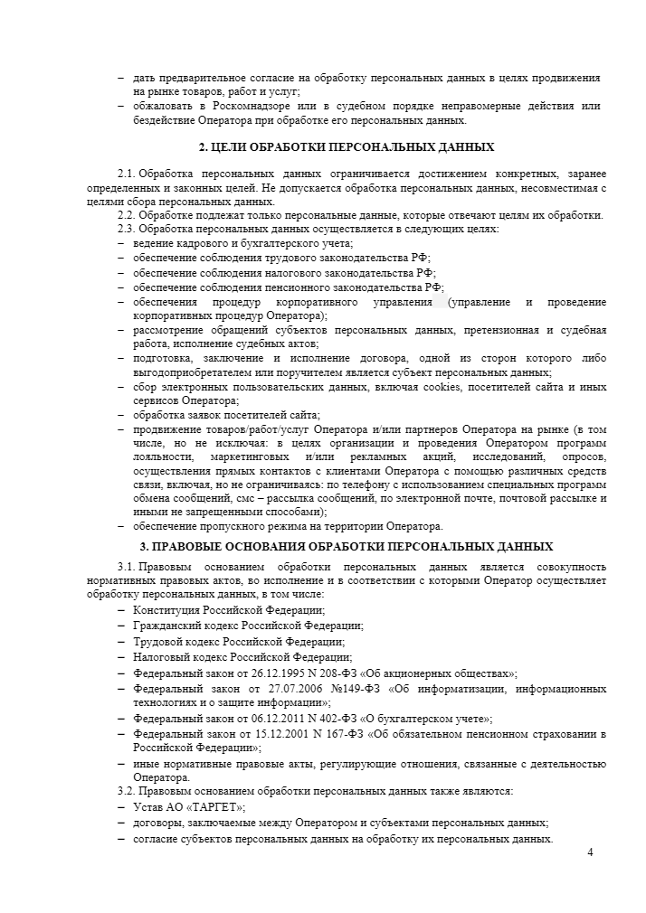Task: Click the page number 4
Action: [590, 852]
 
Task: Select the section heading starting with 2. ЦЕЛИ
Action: [347, 146]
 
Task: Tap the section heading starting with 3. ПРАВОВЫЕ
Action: [347, 547]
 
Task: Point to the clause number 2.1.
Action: [127, 174]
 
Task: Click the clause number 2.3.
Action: [127, 229]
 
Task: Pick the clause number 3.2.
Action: [127, 791]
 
